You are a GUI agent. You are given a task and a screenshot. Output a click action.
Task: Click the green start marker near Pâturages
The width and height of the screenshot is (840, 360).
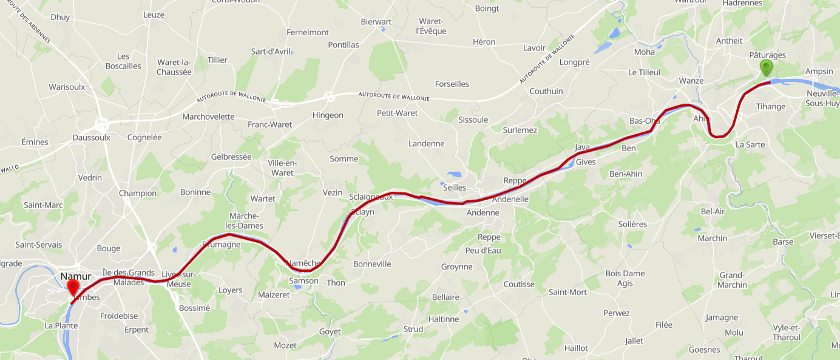point(767,67)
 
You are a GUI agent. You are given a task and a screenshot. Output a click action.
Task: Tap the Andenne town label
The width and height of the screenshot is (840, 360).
point(483,212)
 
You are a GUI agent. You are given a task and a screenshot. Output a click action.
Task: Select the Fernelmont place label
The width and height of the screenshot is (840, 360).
point(307,32)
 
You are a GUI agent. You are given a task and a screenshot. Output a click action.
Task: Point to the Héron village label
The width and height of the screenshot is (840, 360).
point(484,42)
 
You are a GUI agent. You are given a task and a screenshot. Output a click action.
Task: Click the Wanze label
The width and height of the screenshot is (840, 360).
point(691,81)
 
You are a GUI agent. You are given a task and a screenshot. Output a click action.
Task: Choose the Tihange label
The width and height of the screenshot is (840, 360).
point(770,106)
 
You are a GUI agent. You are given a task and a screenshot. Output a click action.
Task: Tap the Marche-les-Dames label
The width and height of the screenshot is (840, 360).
point(246,221)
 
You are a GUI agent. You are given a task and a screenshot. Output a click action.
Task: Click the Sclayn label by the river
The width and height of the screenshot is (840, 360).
point(362,212)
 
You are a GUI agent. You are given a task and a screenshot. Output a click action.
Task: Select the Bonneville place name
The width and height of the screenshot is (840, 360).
point(372,264)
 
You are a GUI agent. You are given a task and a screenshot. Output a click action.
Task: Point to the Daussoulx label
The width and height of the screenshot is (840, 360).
point(91,137)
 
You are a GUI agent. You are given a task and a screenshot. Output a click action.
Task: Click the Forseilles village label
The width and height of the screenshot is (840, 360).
point(452,84)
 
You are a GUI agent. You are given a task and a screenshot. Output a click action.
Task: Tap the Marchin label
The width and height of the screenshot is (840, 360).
point(712,238)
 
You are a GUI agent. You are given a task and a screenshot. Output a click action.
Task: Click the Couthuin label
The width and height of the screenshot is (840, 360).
point(546,91)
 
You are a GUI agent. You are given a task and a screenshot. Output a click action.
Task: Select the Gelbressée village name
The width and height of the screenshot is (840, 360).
point(231,157)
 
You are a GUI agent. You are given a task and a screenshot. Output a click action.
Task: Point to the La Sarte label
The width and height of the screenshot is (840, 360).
point(750,144)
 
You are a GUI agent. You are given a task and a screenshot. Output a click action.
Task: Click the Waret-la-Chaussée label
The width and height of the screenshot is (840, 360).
point(174,67)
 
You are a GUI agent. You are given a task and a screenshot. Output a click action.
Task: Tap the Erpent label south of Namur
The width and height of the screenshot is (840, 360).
point(136,330)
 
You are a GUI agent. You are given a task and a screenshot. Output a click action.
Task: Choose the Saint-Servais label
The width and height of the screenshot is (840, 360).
point(39,245)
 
